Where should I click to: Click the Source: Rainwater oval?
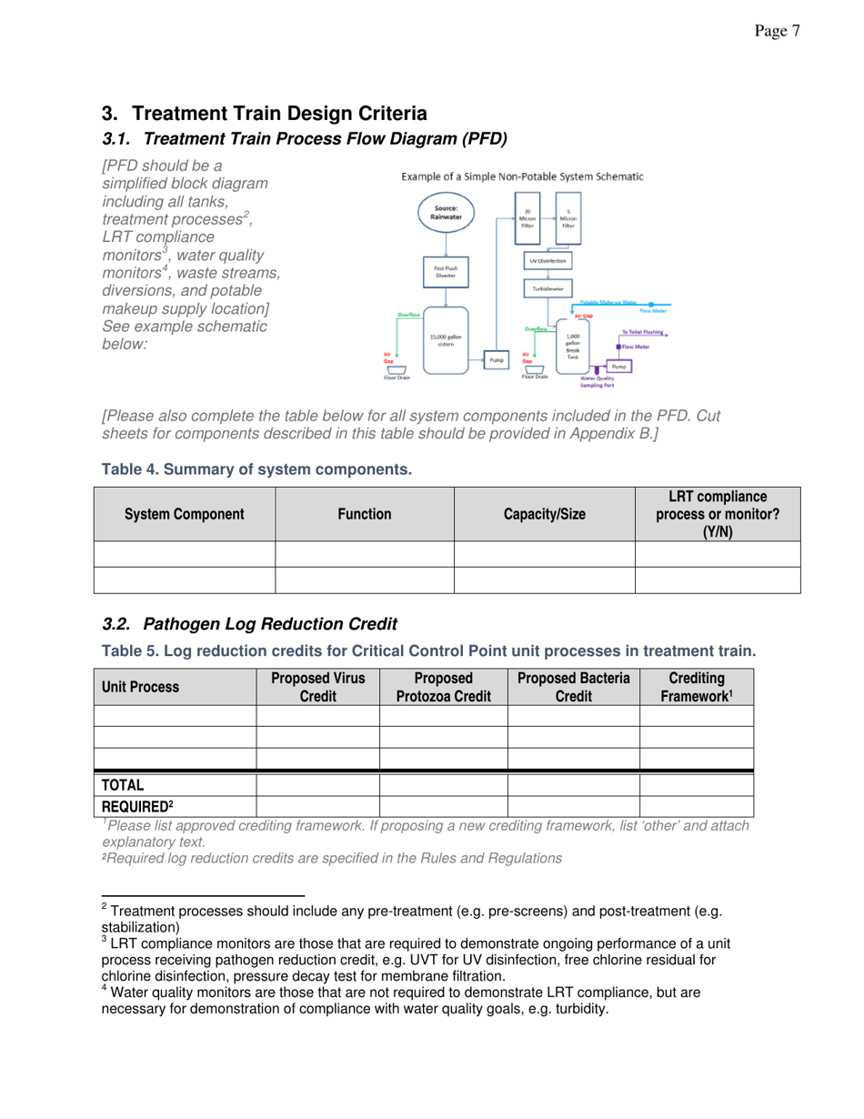(447, 214)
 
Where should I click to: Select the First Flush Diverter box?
(447, 272)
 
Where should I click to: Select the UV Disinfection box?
(548, 260)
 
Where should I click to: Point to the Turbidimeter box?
(548, 287)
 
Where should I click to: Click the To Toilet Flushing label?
(641, 333)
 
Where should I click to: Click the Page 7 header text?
(777, 32)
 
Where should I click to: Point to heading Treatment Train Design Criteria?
(264, 114)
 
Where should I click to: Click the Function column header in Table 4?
(364, 514)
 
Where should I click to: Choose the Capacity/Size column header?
(544, 514)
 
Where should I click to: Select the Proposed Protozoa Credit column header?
(443, 688)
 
